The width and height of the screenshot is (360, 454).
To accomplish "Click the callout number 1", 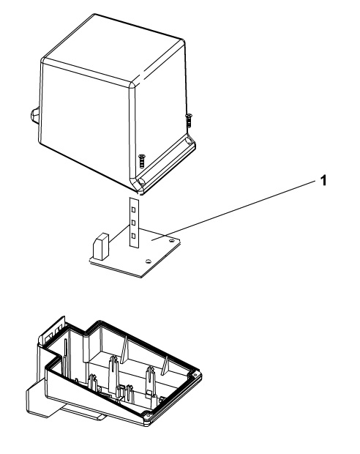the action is click(323, 180).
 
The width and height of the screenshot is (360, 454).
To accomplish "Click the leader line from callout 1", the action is click(234, 210).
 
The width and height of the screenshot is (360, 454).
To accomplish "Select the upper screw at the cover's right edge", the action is click(189, 120).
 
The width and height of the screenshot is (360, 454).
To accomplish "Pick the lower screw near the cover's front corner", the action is click(141, 161).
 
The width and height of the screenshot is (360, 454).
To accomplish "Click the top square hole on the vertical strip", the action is click(134, 209).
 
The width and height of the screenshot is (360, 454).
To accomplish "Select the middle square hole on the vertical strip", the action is click(134, 223).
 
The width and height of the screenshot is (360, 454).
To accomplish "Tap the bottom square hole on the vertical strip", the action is click(133, 236).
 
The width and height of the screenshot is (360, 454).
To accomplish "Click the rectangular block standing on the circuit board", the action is click(100, 246).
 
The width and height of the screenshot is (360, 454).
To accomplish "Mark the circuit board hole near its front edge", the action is click(148, 261).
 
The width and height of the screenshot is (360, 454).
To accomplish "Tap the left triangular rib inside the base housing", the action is click(124, 349).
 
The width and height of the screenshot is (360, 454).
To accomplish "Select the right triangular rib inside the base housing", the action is click(165, 366).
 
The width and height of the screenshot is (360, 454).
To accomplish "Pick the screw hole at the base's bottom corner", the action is click(148, 417).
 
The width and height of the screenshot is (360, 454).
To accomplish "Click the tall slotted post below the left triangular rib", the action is click(113, 373).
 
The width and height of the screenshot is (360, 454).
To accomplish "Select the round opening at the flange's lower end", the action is click(141, 182).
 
